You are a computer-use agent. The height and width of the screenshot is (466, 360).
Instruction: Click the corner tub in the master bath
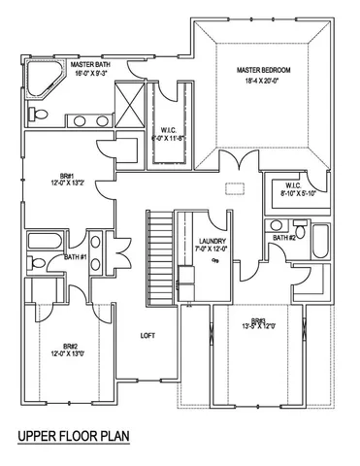pos(42,81)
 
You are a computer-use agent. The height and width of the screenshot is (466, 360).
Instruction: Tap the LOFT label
pos(147,336)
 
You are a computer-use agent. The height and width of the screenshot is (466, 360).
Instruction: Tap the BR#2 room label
pos(70,346)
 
